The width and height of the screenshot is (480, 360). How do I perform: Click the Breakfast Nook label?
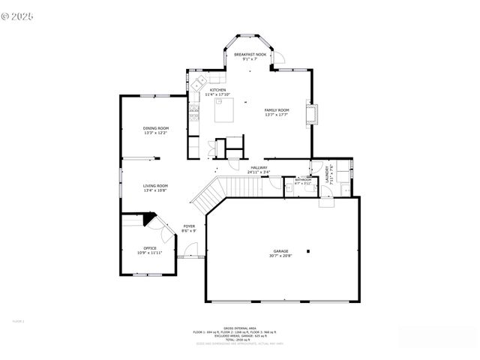tap(250, 55)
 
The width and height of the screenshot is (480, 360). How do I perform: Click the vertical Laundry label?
tap(328, 175)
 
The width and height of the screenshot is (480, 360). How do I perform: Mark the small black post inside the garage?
tap(308, 251)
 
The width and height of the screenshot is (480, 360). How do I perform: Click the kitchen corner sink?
tap(201, 80)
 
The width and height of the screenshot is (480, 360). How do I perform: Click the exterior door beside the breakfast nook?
tap(277, 58)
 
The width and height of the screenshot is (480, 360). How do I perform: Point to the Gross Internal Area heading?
tap(240, 328)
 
